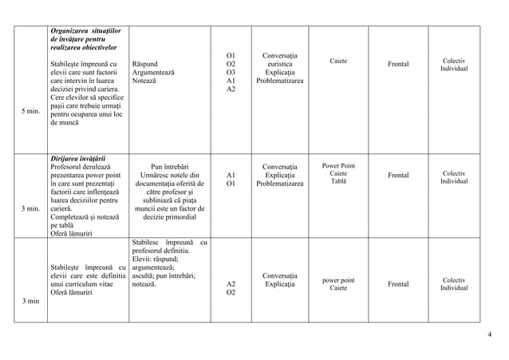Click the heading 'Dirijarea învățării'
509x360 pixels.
[78, 157]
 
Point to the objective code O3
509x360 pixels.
[231, 72]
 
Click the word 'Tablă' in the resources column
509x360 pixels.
[338, 182]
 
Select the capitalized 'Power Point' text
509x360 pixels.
[338, 165]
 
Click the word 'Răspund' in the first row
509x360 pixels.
[147, 63]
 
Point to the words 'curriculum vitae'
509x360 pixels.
[81, 283]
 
